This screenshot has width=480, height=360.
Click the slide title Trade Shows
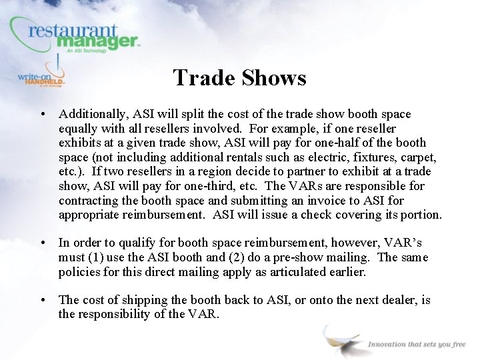(239, 78)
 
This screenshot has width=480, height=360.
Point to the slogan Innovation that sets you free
(417, 344)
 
